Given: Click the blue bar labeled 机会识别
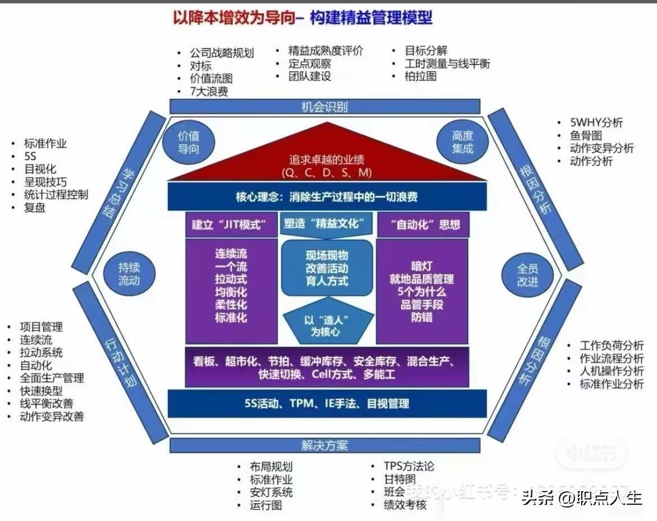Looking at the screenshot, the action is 325,106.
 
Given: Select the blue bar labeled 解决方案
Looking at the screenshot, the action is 325,445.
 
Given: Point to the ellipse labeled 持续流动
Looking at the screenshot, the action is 129,273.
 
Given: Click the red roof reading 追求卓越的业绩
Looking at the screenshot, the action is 327,166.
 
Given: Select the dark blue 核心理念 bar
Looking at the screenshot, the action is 327,197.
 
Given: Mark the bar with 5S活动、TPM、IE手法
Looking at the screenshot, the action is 327,403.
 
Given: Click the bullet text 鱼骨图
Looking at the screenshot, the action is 586,135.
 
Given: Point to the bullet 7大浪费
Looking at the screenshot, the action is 209,92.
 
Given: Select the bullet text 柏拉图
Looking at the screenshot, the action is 421,76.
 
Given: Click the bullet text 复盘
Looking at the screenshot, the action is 35,208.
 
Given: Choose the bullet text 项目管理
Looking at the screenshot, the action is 41,327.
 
